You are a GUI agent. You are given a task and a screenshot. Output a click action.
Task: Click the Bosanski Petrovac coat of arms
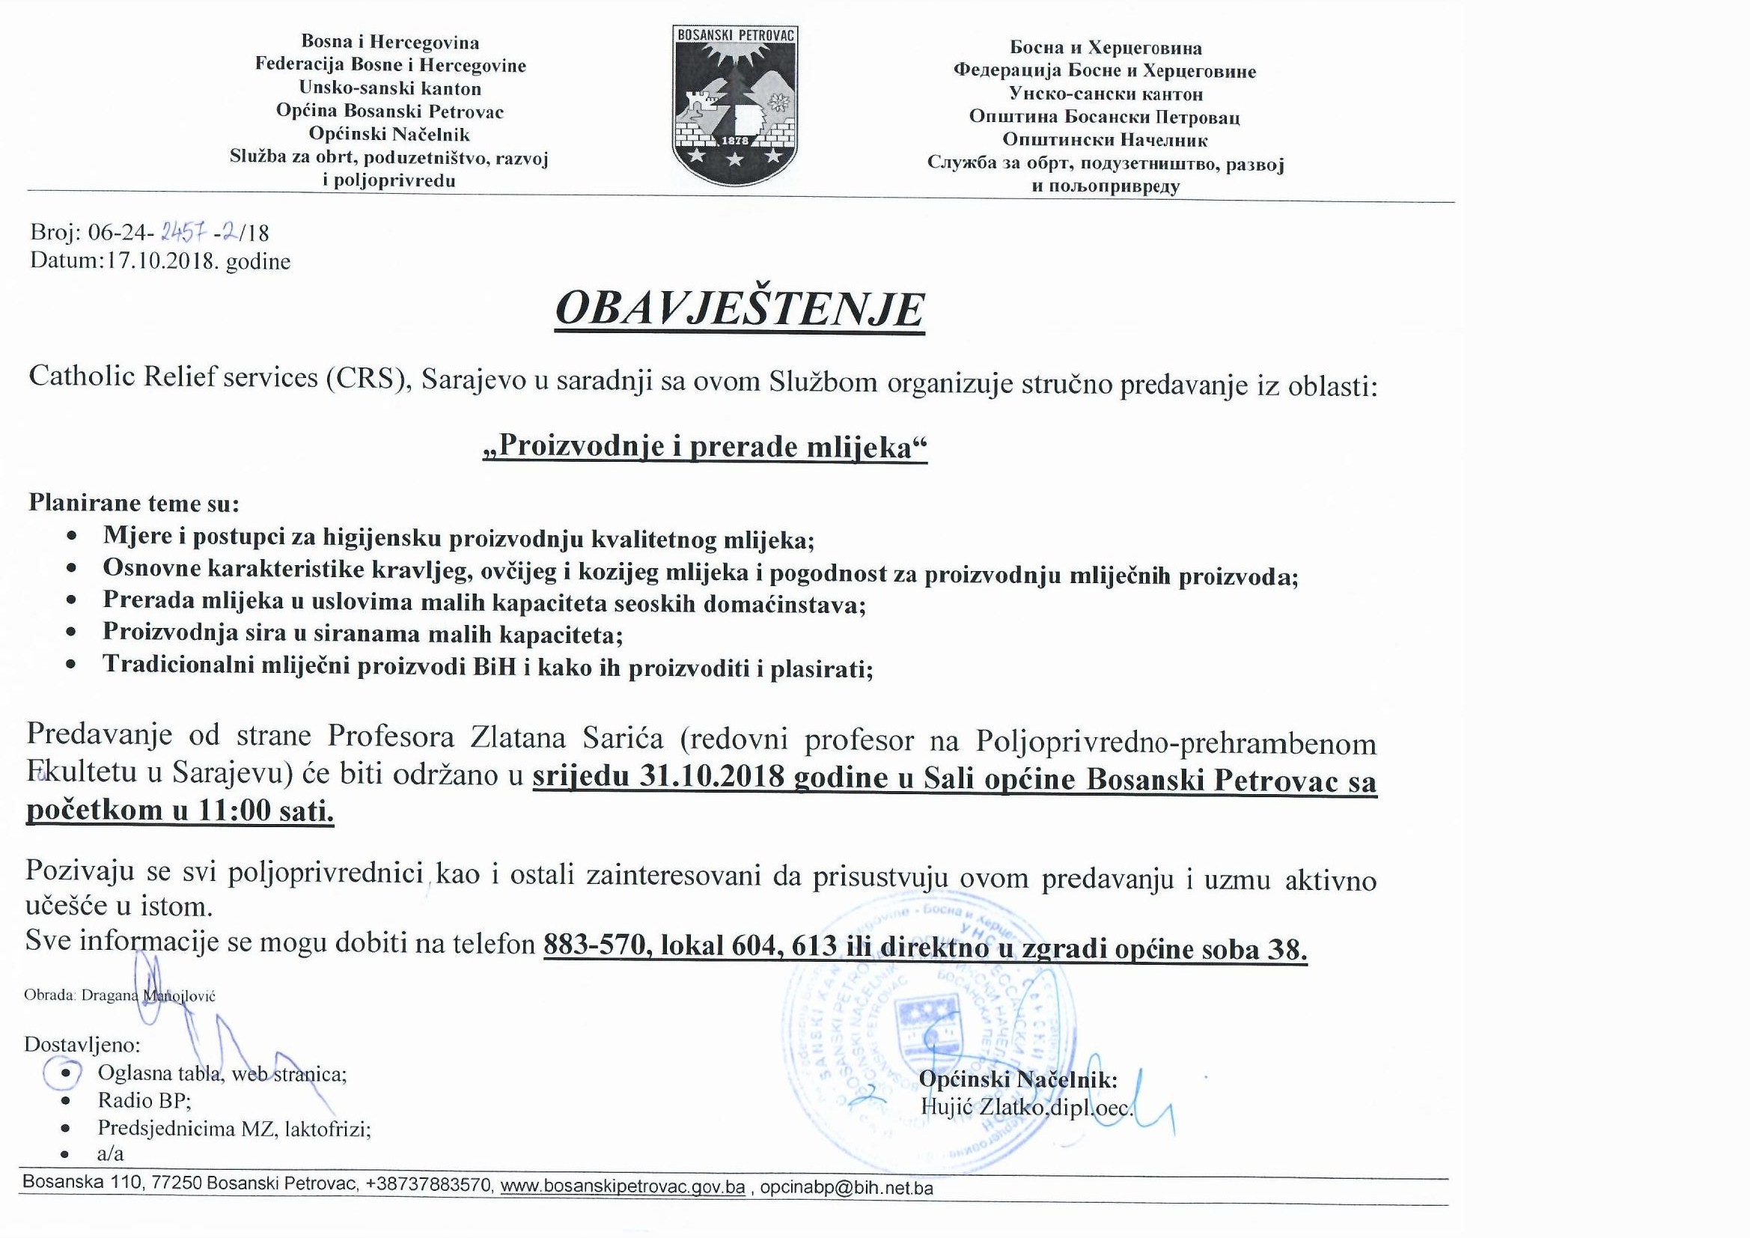coord(735,106)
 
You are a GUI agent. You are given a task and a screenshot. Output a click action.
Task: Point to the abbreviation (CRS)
coord(369,378)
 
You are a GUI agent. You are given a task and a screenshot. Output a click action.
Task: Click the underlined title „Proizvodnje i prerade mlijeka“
coord(705,447)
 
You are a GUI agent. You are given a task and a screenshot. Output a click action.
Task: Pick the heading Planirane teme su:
coord(133,503)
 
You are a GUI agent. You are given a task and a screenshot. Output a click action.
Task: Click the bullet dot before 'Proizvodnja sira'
coord(72,632)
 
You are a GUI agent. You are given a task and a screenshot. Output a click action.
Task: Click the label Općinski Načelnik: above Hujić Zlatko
coord(1018,1079)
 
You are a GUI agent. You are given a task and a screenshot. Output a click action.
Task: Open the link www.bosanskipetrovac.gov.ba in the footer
coord(622,1187)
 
